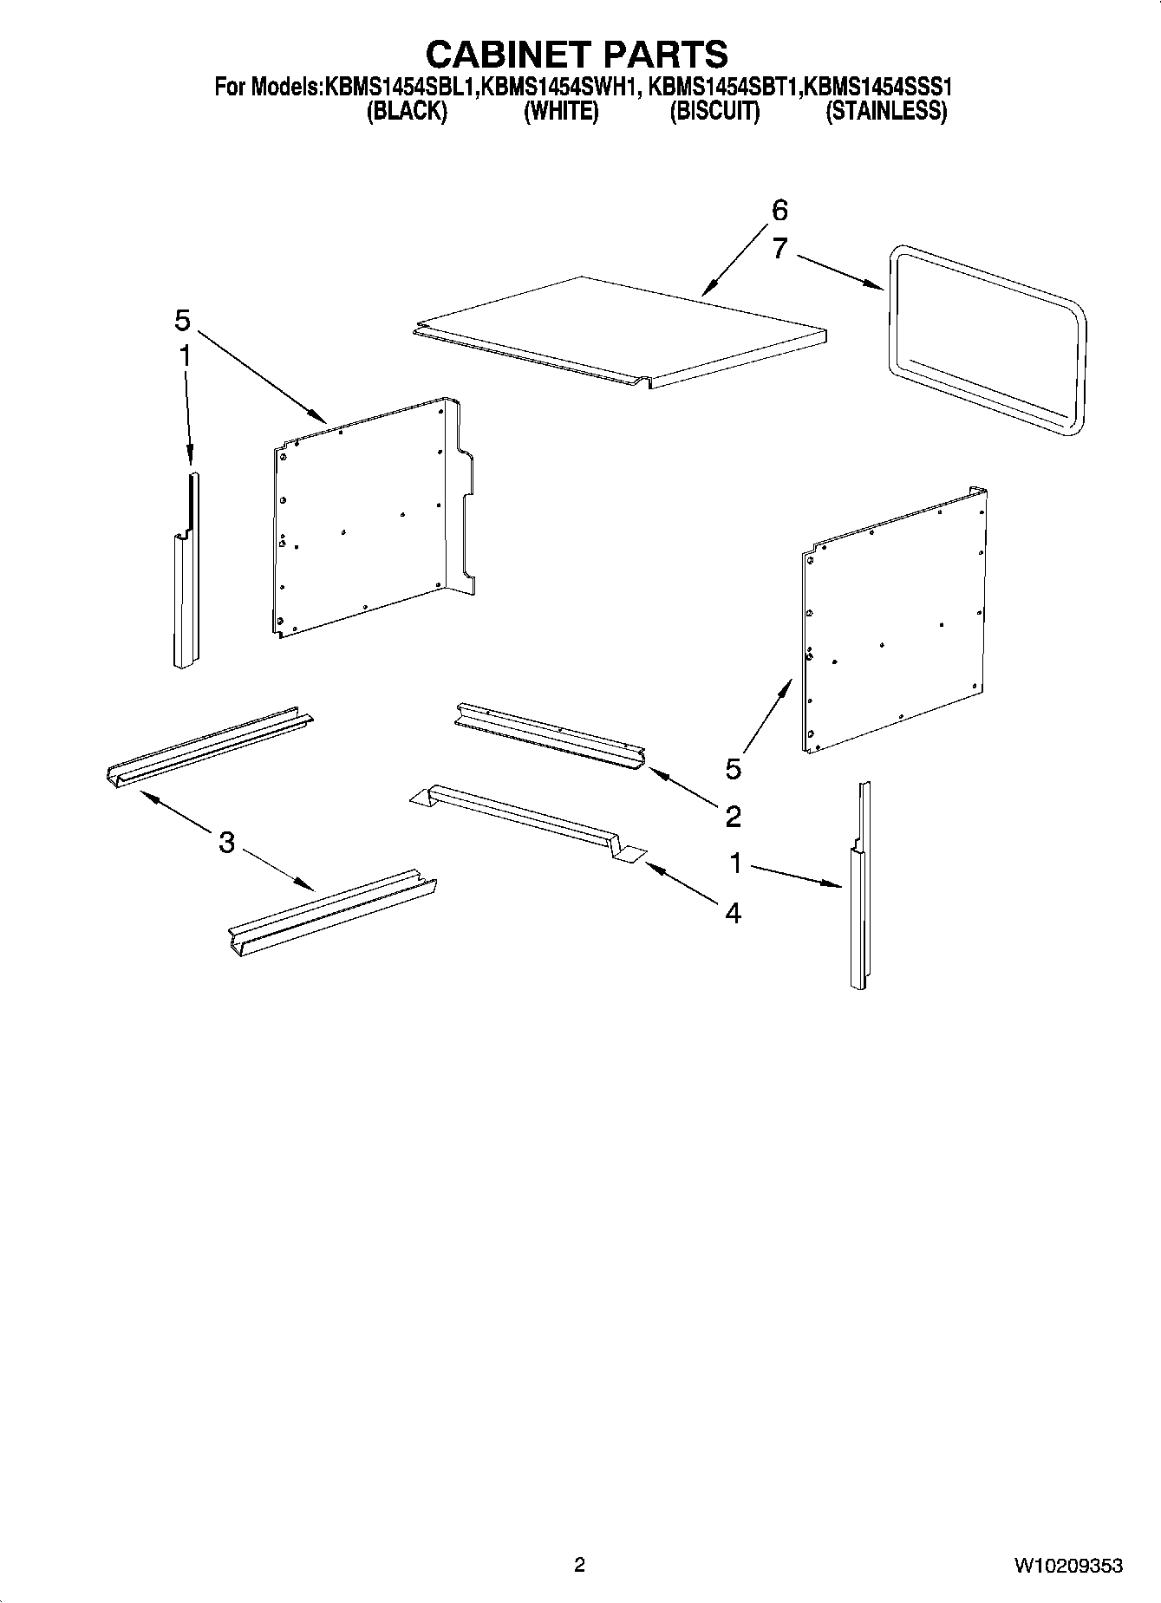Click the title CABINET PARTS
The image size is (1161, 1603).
(576, 54)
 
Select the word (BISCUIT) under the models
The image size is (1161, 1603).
(714, 112)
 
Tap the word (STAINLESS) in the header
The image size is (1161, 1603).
(885, 112)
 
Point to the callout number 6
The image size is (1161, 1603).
(779, 211)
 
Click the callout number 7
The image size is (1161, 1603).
(779, 250)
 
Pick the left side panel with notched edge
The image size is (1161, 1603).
(369, 520)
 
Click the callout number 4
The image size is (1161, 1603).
(733, 913)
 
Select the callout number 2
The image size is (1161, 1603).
(733, 816)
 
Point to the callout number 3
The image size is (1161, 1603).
(226, 842)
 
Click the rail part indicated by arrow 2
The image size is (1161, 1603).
(549, 736)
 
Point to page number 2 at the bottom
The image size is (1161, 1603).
(579, 1565)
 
